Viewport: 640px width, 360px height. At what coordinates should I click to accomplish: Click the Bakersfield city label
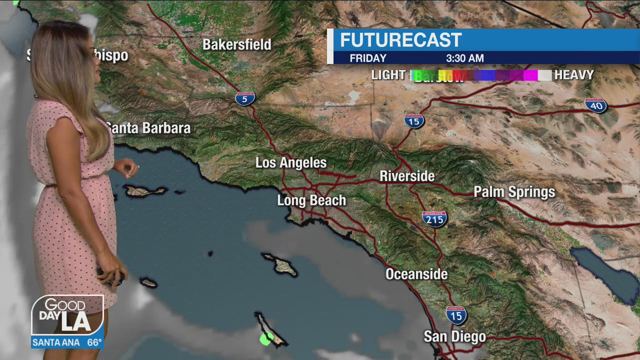tap(237, 44)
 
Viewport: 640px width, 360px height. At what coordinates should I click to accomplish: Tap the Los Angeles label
tap(291, 163)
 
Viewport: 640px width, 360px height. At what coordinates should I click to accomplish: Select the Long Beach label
tap(311, 200)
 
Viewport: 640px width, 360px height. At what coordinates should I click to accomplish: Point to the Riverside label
tap(407, 176)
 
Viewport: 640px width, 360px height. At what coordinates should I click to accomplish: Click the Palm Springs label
tap(514, 192)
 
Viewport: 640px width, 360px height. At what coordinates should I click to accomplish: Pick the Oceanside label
tap(416, 274)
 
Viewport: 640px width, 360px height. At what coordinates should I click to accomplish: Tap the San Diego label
tap(454, 336)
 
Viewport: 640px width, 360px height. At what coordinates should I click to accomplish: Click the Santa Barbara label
tap(148, 128)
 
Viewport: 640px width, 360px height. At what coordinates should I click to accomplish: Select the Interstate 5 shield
tap(245, 98)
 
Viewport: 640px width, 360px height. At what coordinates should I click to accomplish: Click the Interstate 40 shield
tap(596, 105)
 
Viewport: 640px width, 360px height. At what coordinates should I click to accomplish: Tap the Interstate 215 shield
tap(434, 219)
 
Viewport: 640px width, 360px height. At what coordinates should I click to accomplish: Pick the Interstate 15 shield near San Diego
tap(456, 315)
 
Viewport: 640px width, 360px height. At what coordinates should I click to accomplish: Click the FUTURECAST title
tap(401, 40)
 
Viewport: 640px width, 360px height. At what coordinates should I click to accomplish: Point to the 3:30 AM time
tap(464, 58)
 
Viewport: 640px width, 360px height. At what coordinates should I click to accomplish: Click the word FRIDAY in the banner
tap(368, 58)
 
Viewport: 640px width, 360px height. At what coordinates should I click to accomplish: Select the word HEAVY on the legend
tap(574, 75)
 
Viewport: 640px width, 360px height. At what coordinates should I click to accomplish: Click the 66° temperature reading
tap(94, 342)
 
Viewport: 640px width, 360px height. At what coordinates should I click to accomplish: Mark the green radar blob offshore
tap(266, 338)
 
